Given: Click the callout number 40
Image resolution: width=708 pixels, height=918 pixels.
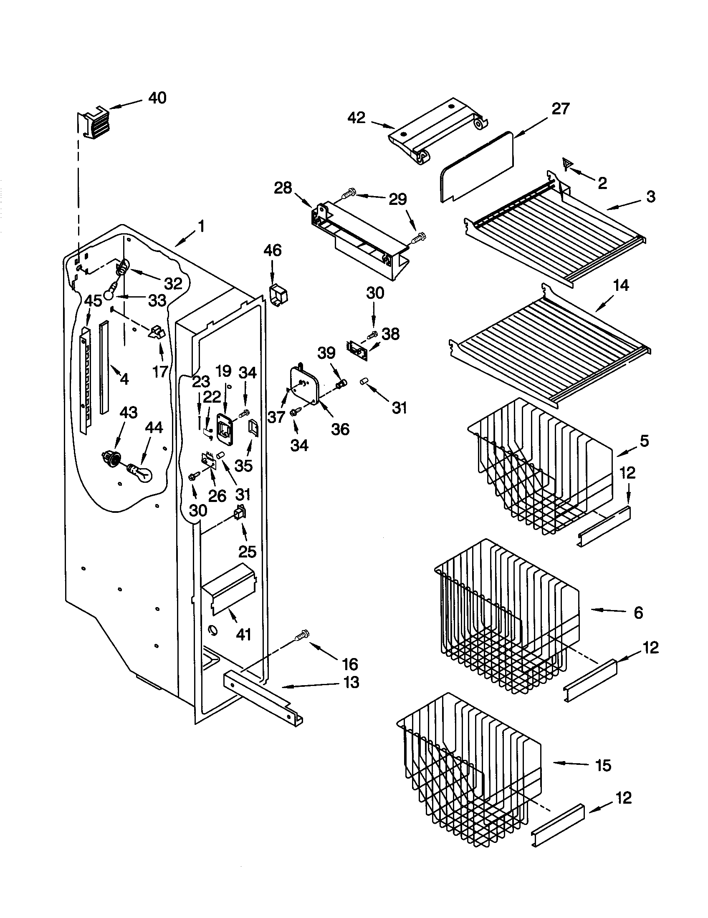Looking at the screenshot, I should click(x=157, y=98).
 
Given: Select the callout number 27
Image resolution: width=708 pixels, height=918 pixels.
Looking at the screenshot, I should click(x=560, y=109).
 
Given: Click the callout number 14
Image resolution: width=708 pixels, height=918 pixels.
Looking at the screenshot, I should click(x=621, y=285).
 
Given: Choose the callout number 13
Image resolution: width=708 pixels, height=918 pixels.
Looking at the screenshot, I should click(x=351, y=682).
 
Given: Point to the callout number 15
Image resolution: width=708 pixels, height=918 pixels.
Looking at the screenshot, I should click(x=603, y=765).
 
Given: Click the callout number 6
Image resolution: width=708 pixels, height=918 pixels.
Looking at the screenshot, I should click(x=638, y=613).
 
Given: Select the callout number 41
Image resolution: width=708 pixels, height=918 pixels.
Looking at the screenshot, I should click(x=244, y=634).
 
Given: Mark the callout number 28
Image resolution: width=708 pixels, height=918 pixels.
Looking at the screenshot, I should click(x=283, y=188).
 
